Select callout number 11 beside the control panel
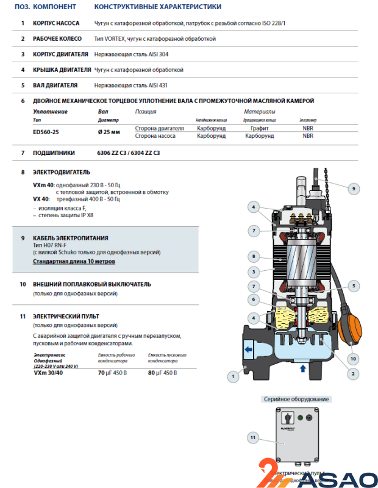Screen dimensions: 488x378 tap(253, 437)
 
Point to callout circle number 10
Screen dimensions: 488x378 tap(353, 358)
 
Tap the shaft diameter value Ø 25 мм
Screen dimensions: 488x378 tap(109, 131)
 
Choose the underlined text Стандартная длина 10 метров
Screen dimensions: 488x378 tap(74, 261)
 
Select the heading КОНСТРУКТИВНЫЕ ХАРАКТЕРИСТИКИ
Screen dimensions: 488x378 tap(158, 7)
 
